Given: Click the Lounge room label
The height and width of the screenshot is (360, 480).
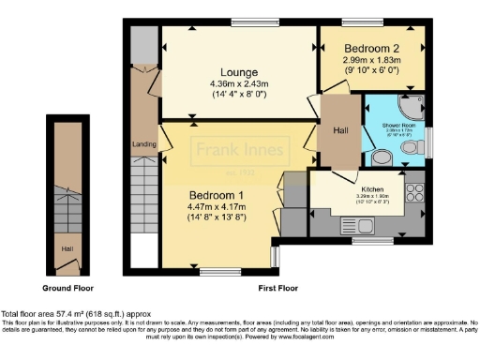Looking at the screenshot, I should pyautogui.click(x=238, y=72).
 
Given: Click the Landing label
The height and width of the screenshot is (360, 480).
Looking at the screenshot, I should pyautogui.click(x=143, y=143).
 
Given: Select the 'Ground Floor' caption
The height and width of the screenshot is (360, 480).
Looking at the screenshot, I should pyautogui.click(x=67, y=287).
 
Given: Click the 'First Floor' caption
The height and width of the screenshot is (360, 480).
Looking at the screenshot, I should pyautogui.click(x=277, y=287).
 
